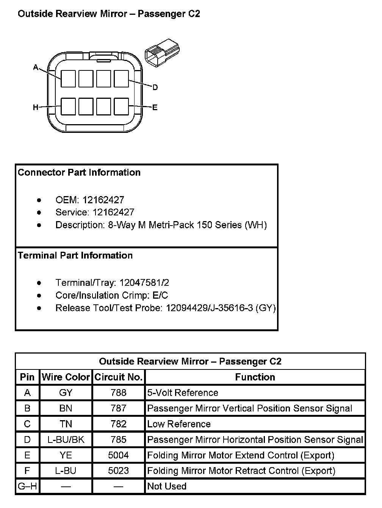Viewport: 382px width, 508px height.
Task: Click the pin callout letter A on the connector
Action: [36, 67]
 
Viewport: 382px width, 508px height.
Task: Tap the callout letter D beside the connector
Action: [155, 87]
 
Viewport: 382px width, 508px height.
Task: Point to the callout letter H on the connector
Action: [36, 108]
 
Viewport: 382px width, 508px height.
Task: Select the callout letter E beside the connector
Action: [155, 108]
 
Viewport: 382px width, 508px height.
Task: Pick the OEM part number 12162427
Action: [103, 200]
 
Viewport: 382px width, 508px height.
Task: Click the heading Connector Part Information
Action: [79, 173]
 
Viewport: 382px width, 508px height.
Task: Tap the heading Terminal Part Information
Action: [75, 256]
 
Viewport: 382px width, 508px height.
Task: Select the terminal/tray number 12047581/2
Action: [144, 283]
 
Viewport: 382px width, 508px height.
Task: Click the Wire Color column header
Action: [66, 377]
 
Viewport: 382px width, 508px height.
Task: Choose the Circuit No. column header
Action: [118, 377]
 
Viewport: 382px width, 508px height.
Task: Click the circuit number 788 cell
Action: [118, 393]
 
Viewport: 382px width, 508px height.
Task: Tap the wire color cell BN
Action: [66, 408]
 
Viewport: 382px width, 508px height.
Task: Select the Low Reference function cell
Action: [179, 424]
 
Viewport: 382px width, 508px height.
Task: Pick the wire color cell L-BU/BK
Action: [66, 439]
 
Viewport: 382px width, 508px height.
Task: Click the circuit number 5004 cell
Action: [118, 455]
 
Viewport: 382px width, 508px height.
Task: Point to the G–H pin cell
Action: [27, 486]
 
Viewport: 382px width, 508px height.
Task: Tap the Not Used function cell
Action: [167, 486]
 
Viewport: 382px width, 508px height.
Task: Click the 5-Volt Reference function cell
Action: [183, 393]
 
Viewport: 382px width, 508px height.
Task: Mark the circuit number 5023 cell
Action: [118, 471]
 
